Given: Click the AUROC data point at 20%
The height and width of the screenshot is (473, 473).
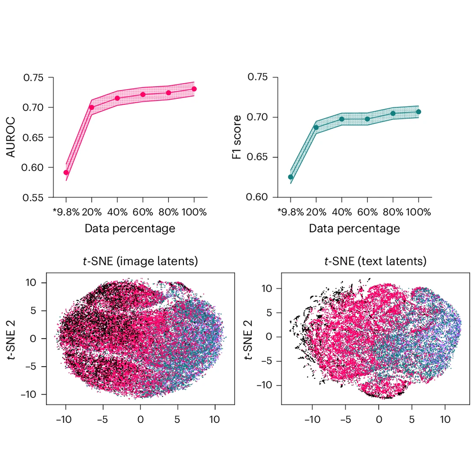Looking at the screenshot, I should [92, 107].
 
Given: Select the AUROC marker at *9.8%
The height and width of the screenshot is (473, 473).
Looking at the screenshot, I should [66, 173].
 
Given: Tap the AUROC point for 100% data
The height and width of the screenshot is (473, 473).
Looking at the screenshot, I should [194, 89].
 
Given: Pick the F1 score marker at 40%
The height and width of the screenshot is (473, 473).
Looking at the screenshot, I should [342, 119].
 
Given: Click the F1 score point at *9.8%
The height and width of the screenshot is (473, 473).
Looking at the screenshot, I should [290, 177].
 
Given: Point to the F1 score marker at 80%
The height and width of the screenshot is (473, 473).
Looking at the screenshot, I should [393, 113].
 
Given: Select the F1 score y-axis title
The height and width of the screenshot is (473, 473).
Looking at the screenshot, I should [237, 137].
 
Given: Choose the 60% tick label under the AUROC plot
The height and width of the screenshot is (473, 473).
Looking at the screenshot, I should [143, 212].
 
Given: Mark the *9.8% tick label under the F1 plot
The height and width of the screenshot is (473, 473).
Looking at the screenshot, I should [289, 212].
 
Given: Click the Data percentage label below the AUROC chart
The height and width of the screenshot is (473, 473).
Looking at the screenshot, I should [130, 229].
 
